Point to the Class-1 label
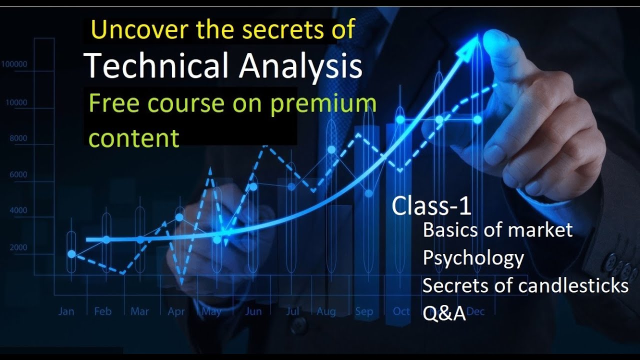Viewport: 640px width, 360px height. pos(431,205)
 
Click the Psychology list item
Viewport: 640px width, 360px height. pos(473,258)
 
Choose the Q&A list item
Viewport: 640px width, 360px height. pos(444,313)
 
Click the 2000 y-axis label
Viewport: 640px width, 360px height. pos(18,247)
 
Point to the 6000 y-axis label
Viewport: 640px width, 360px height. pos(18,174)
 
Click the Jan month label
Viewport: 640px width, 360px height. pos(66,311)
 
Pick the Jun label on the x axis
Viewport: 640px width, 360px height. pos(253,311)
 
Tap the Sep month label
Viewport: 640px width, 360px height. pos(364,311)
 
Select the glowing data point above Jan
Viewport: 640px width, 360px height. pos(71,254)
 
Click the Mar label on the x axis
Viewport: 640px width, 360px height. pos(139,311)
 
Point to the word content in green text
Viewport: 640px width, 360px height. pos(133,138)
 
